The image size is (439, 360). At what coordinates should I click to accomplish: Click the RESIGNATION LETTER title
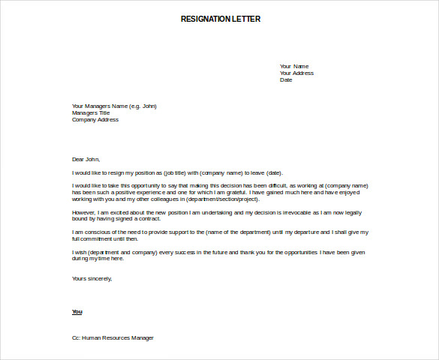(221, 19)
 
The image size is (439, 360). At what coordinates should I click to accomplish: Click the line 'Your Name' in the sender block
(294, 66)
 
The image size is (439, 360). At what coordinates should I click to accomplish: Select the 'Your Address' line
(296, 73)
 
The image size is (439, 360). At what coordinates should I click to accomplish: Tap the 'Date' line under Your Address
(286, 79)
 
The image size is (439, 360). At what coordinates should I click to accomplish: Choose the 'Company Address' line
(95, 119)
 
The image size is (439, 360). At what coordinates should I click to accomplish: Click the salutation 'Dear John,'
(86, 159)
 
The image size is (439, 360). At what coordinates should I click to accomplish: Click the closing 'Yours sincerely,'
(92, 278)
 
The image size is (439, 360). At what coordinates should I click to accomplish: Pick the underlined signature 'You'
(77, 311)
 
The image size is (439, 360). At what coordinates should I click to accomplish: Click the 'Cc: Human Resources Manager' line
(113, 337)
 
